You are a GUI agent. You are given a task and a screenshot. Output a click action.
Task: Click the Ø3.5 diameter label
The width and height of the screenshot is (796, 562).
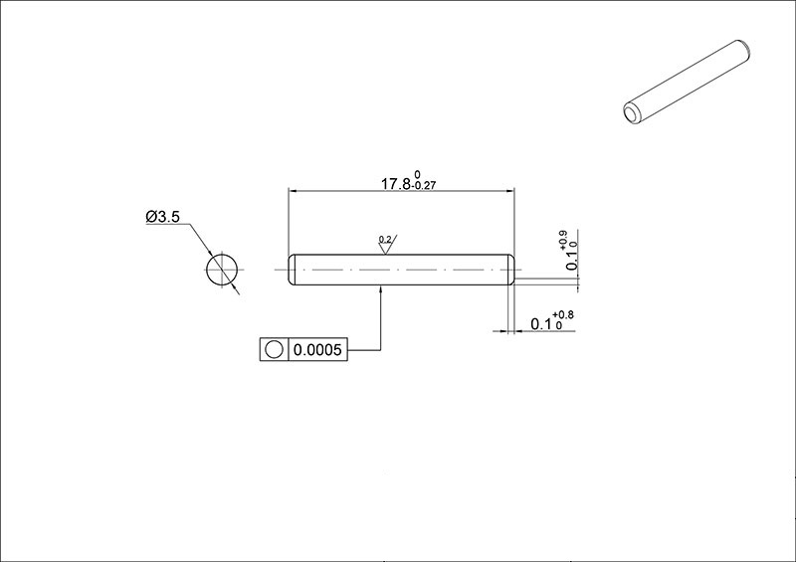coord(162,217)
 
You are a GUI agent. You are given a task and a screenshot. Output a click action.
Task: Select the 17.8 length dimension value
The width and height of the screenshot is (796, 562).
coord(395,184)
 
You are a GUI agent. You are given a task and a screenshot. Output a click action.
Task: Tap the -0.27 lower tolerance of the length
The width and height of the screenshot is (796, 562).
coord(424,186)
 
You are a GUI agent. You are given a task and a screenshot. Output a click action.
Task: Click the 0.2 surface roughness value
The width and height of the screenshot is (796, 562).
coord(385,239)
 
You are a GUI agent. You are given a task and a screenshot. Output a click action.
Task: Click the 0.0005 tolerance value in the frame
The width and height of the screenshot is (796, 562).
coord(317,350)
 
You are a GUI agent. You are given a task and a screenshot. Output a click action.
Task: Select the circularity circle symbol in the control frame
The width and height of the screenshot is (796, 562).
coord(275,349)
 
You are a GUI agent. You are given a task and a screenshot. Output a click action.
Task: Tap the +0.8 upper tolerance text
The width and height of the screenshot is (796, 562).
coord(563,315)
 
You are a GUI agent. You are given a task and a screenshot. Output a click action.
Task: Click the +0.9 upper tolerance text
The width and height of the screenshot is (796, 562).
coord(563,239)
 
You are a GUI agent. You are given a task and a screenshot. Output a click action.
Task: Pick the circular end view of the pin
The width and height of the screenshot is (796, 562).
coord(222,270)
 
